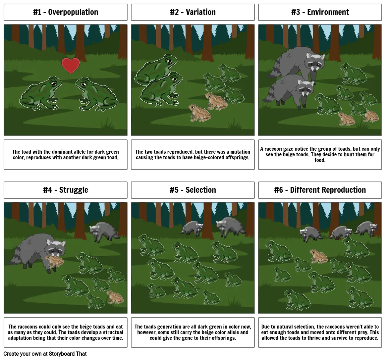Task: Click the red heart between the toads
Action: point(71,66)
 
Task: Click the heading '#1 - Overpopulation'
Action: point(66,12)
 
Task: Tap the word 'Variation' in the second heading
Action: point(201,12)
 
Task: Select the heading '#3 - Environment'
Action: point(320,12)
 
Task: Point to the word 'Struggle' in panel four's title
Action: point(74,190)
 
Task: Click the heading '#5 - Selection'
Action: point(193,190)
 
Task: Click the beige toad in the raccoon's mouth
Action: point(55,261)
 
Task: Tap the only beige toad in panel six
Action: point(319,256)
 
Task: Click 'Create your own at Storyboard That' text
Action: point(45,354)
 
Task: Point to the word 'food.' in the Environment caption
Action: point(320,160)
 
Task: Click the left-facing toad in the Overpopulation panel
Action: point(97,94)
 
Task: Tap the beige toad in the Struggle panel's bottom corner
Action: point(115,297)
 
